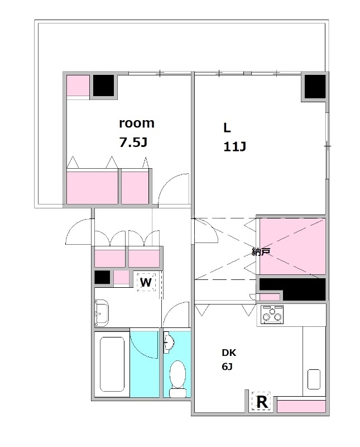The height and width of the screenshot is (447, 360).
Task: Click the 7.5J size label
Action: tap(133, 142)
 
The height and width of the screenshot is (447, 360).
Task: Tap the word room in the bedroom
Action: tap(136, 123)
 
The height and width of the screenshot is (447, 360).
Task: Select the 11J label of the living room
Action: tap(234, 146)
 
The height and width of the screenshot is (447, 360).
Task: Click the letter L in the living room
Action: tap(227, 128)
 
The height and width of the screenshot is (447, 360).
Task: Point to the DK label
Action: tap(229, 353)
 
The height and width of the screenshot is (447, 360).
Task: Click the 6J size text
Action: tap(227, 367)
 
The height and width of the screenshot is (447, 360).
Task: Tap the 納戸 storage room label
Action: tap(261, 251)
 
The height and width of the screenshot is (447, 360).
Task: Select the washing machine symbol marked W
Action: tap(146, 282)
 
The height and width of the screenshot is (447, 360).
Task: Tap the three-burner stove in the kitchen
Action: tap(272, 315)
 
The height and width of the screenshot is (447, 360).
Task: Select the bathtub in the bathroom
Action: tap(112, 364)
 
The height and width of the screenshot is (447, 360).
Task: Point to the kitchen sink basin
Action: tap(314, 379)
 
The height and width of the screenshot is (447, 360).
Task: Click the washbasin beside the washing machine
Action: tap(102, 313)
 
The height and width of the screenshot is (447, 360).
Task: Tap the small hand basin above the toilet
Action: tap(169, 342)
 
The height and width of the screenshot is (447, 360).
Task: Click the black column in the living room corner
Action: tap(315, 87)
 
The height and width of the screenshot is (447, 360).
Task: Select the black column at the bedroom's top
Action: tap(103, 85)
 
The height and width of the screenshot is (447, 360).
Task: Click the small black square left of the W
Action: tap(102, 277)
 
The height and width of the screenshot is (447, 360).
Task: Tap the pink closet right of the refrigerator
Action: tap(301, 406)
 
